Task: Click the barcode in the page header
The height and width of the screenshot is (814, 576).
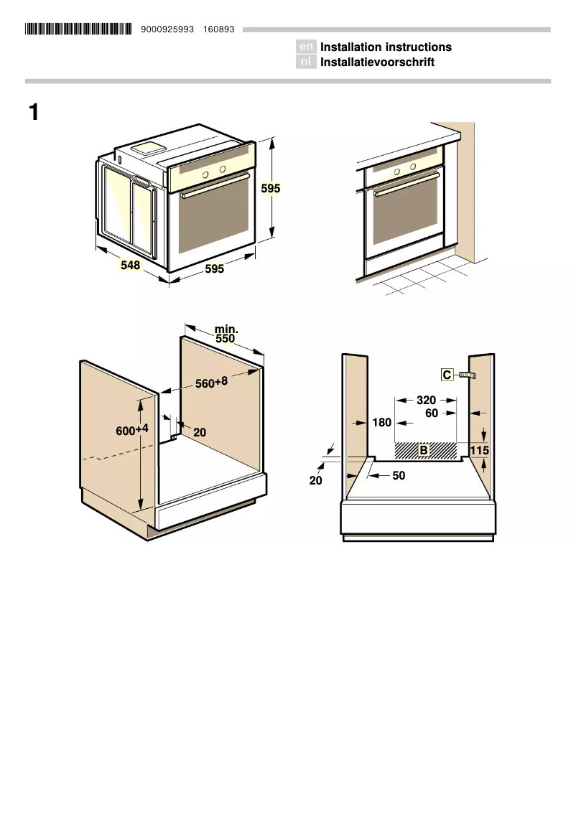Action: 78,29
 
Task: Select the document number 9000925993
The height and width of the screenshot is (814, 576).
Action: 168,29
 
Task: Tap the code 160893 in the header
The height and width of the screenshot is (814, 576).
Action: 219,29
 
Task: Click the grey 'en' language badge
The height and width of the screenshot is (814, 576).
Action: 306,47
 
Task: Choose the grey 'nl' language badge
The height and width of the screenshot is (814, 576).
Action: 306,62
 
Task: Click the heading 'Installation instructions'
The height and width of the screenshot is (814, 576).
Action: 386,47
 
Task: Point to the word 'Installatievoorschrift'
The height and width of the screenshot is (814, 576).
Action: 377,62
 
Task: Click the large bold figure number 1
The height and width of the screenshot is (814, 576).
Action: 34,113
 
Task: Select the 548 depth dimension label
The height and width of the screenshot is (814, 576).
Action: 130,265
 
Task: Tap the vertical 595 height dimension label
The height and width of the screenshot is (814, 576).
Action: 270,189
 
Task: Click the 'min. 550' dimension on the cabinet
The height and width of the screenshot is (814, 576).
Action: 226,334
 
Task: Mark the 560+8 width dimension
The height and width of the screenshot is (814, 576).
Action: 211,383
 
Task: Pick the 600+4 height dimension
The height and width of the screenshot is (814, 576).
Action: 132,430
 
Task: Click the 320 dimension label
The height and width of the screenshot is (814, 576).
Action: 426,401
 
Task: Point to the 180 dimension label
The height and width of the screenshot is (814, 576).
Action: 381,423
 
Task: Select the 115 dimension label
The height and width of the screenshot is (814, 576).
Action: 479,450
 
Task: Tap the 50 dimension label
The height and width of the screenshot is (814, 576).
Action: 399,475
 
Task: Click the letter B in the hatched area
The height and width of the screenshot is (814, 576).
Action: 424,450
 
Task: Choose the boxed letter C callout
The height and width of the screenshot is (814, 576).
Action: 447,375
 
